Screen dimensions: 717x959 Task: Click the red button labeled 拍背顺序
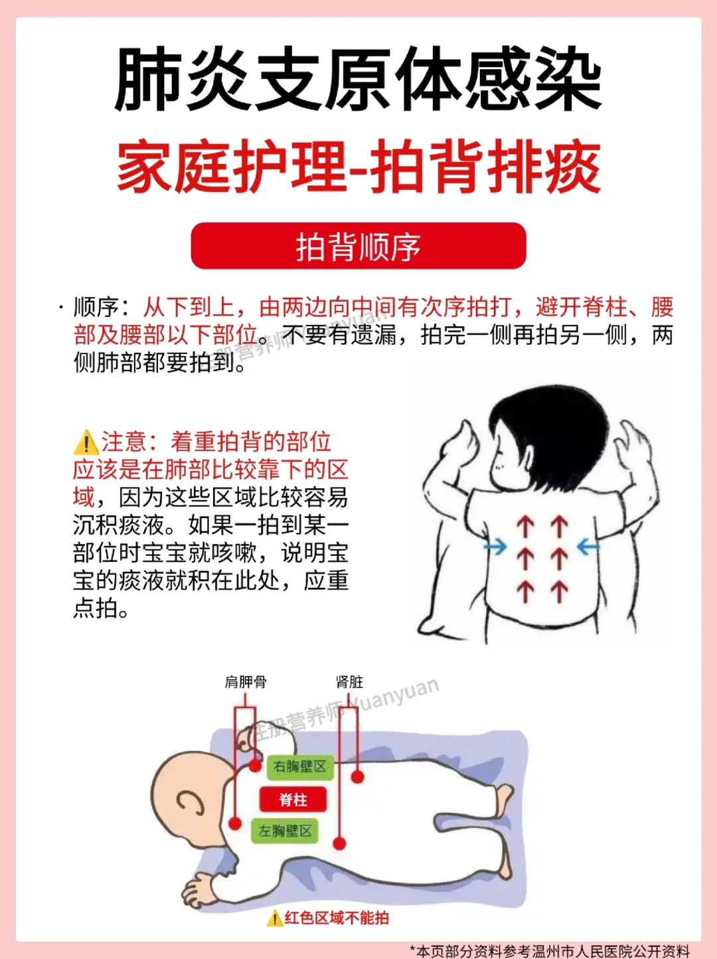(x=358, y=246)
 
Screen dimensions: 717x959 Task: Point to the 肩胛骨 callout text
(x=246, y=682)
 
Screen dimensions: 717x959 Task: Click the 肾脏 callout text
(x=349, y=682)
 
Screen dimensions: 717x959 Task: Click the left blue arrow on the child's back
(x=495, y=547)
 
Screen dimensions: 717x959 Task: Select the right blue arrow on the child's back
(x=588, y=547)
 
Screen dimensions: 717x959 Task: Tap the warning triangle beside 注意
(x=86, y=442)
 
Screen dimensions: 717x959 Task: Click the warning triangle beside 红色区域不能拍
(x=275, y=918)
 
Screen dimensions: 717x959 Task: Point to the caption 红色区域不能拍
(x=336, y=918)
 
